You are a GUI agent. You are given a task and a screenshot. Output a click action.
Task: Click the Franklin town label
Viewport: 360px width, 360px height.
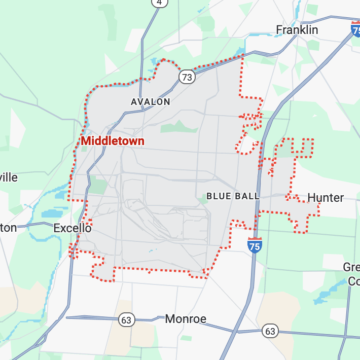click(297, 30)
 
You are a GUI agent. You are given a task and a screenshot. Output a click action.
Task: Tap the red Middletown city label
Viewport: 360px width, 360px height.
click(113, 141)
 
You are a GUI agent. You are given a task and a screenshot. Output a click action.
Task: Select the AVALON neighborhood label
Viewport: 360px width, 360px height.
click(150, 102)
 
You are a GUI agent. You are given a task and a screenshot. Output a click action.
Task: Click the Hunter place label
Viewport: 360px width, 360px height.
click(326, 198)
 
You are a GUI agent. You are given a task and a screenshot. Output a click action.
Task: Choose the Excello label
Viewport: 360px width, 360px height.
click(73, 228)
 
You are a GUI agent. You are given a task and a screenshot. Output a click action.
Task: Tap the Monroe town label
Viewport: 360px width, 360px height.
click(186, 319)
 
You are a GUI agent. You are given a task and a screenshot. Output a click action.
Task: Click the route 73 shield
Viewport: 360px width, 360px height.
click(187, 77)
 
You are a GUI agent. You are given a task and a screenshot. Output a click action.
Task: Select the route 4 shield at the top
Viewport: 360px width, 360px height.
click(160, 3)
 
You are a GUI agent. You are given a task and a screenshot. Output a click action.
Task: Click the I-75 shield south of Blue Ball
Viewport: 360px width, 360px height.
click(255, 245)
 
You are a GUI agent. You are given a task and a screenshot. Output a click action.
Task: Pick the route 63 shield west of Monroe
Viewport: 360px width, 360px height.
click(126, 320)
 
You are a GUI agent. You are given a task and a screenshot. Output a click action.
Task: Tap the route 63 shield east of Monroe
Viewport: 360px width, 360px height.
click(270, 332)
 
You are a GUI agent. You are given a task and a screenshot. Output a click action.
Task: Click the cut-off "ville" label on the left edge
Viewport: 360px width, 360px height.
click(9, 177)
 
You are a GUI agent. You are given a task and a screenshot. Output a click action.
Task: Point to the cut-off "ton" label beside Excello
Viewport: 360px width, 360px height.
click(8, 228)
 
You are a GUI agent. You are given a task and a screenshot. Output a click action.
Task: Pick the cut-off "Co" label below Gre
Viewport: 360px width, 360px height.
click(353, 281)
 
